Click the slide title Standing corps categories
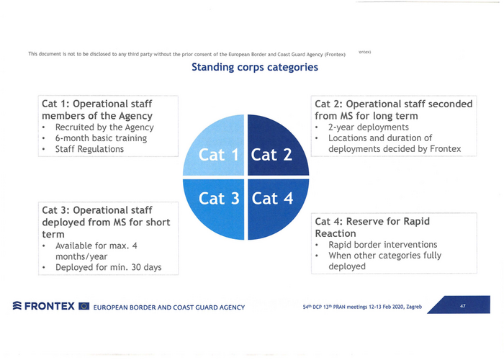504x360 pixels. tap(255, 67)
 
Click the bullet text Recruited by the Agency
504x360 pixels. tap(104, 127)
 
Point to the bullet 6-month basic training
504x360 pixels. tap(101, 138)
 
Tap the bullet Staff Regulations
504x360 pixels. tap(89, 149)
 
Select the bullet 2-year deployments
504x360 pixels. tap(369, 127)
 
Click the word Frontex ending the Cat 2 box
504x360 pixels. tap(445, 149)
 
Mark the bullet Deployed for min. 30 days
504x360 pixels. tap(108, 267)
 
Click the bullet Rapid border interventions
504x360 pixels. tap(382, 245)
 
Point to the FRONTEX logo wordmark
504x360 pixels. tap(49, 306)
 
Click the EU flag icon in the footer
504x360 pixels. tap(84, 306)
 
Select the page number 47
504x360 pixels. tap(462, 306)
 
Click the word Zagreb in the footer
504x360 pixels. tap(414, 307)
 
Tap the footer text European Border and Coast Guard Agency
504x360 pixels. tap(169, 307)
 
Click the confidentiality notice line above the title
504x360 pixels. tap(186, 54)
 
